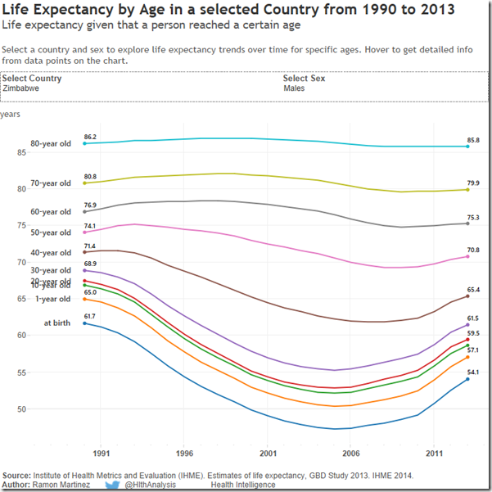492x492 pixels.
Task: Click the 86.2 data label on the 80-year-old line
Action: click(90, 137)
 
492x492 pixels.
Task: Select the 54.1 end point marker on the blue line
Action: click(467, 379)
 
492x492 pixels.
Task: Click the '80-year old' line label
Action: click(51, 144)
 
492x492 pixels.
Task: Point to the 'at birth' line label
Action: click(57, 323)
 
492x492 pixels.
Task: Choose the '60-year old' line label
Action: click(51, 212)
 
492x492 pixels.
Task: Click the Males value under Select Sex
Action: click(295, 88)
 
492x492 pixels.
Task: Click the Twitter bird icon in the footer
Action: click(113, 485)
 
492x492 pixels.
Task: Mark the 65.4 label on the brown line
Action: click(473, 290)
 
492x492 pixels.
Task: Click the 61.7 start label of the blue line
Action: click(90, 316)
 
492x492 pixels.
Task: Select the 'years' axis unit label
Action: click(11, 115)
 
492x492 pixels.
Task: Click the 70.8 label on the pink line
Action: click(473, 250)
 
